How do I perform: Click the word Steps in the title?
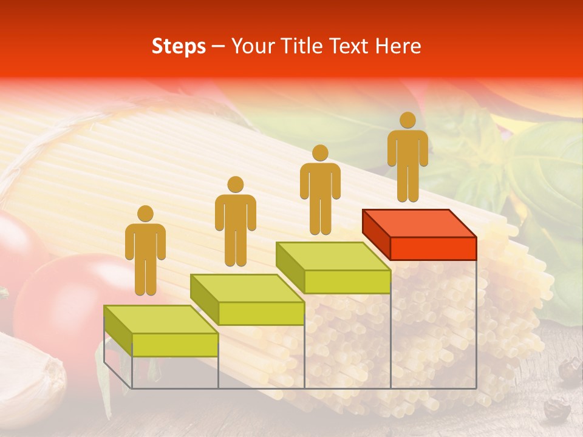coord(179,47)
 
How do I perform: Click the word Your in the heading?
coord(249,47)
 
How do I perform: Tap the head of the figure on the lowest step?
coord(145,214)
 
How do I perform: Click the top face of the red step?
coord(419,223)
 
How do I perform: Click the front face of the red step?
coord(433,248)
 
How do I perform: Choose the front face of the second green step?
coord(261,313)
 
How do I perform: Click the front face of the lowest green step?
coord(175,345)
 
